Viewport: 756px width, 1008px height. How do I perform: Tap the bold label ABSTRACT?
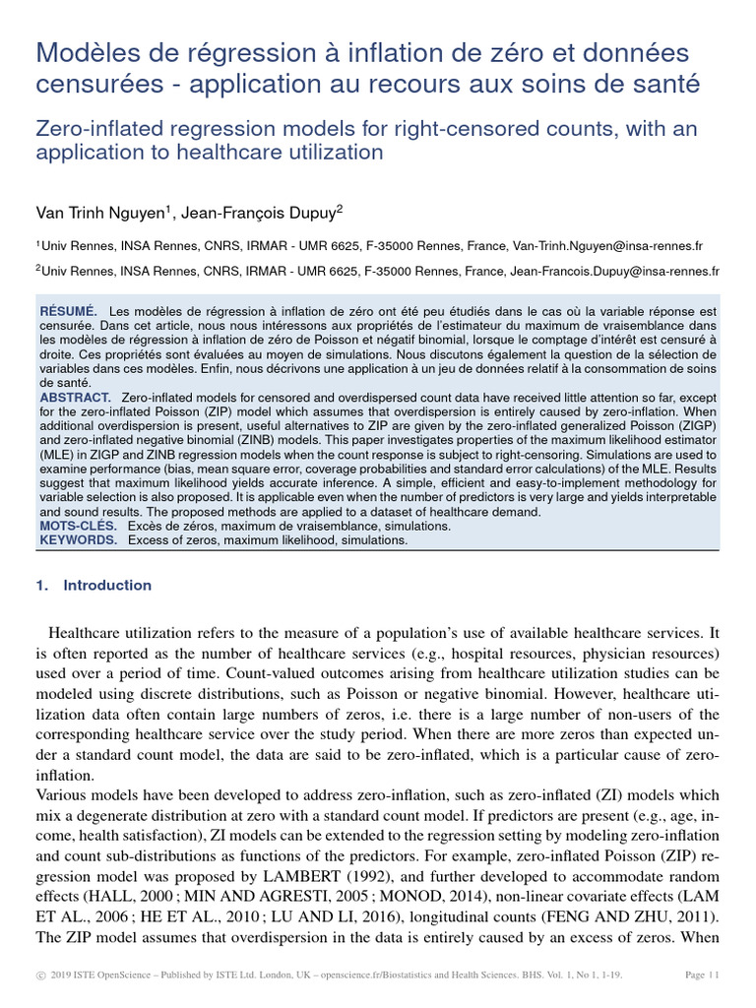click(x=77, y=397)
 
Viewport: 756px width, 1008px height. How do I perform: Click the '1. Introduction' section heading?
click(x=94, y=585)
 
